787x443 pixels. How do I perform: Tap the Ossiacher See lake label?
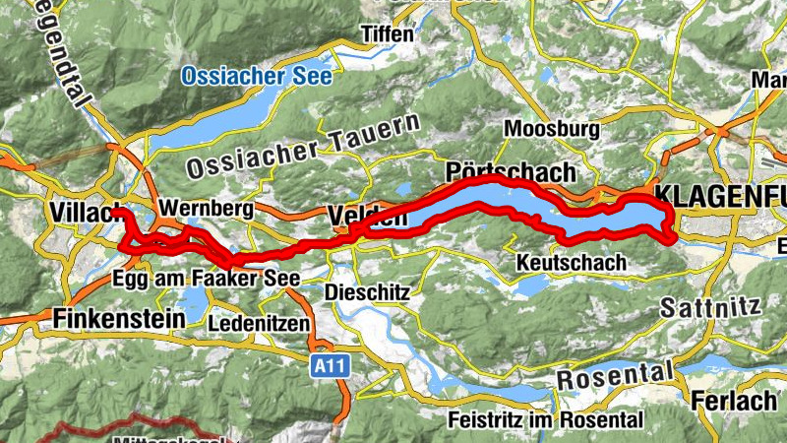(x=259, y=75)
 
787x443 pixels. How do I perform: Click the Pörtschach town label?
(x=510, y=171)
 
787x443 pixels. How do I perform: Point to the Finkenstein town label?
(x=118, y=319)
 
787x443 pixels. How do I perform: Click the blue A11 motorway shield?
(x=331, y=366)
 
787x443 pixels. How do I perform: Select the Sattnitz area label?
(x=710, y=306)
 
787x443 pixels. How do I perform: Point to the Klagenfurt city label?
(x=719, y=193)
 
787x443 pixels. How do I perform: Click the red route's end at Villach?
(x=117, y=212)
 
